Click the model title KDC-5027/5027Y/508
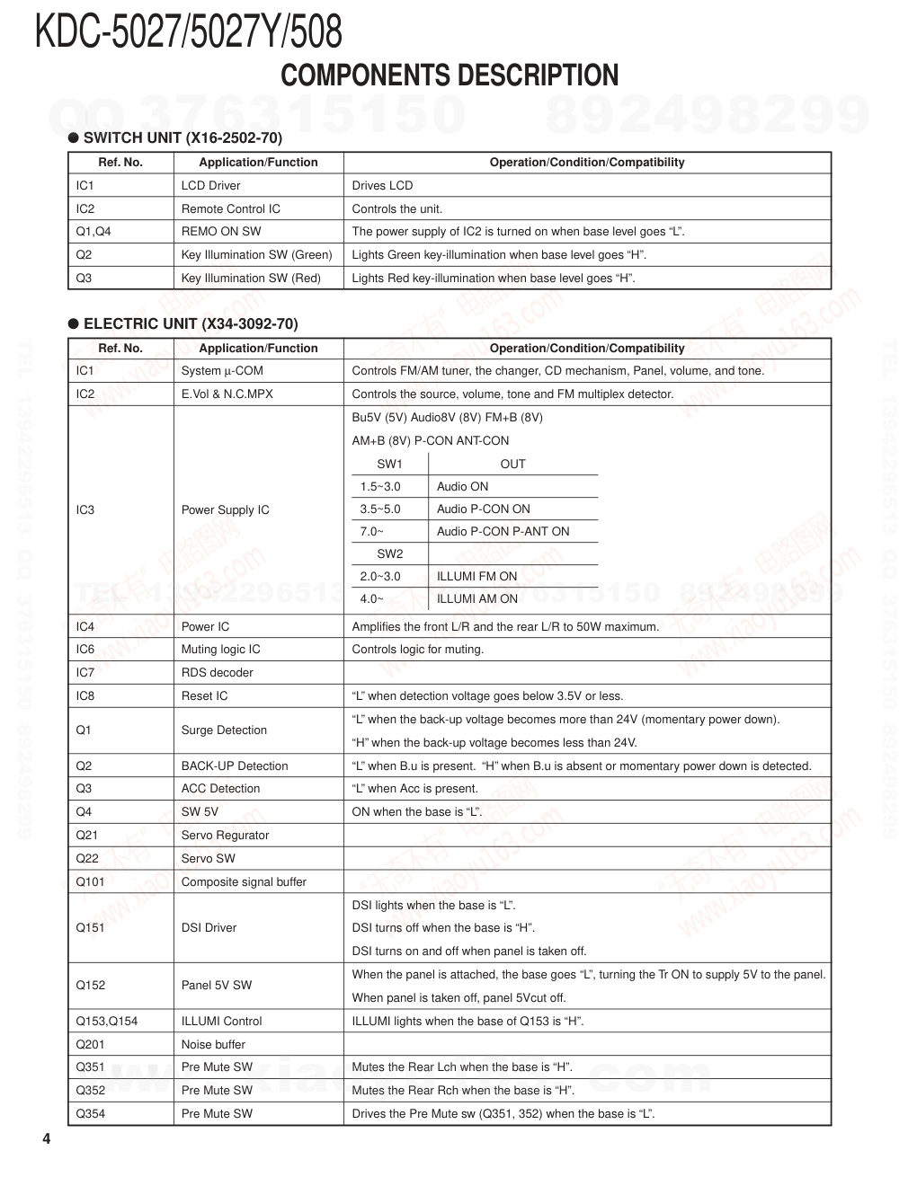189,32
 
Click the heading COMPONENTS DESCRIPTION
450,75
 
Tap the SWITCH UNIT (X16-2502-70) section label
183,137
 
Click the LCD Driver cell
210,186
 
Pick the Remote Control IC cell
230,208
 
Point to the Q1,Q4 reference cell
93,232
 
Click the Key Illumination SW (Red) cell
251,279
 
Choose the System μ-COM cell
222,371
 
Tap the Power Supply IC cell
225,510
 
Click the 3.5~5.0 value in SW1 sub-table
380,509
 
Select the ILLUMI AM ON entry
476,599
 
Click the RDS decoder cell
217,673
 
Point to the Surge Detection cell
224,730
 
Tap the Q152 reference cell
91,986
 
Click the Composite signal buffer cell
244,882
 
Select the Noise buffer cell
213,1045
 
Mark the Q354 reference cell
91,1114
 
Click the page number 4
46,1139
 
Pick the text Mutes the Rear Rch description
463,1091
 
